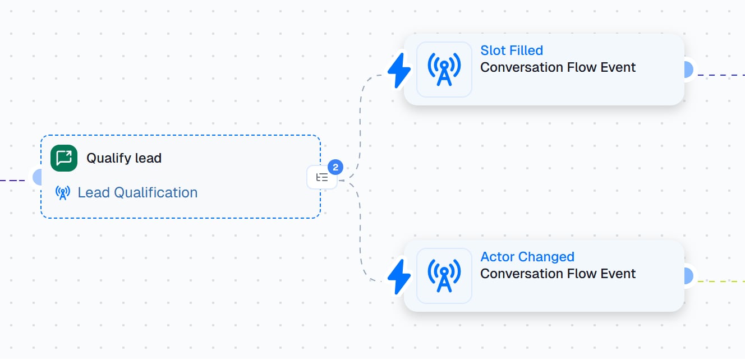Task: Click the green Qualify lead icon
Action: tap(64, 158)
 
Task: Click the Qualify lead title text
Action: tap(124, 158)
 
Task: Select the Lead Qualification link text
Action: tap(137, 192)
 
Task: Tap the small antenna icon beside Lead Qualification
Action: tap(62, 193)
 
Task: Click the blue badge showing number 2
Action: tap(335, 167)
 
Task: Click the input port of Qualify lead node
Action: tap(37, 177)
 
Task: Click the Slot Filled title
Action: tap(512, 50)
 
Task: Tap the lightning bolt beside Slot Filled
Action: tap(399, 71)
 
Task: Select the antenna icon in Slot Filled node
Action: tap(444, 70)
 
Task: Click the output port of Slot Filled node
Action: tap(689, 70)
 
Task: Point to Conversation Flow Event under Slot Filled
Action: tap(558, 67)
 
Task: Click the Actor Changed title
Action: tap(527, 257)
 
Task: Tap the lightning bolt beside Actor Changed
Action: tap(399, 277)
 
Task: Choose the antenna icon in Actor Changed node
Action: tap(444, 276)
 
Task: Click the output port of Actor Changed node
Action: tap(689, 276)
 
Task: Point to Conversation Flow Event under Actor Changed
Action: tap(558, 274)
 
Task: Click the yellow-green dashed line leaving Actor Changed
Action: tap(721, 281)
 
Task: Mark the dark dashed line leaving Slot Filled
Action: tap(721, 75)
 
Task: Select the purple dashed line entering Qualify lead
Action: tap(12, 181)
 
